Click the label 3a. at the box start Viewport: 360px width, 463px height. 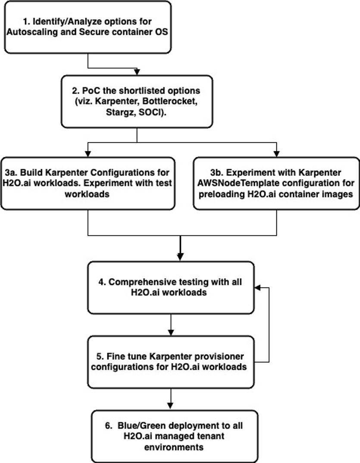(x=13, y=173)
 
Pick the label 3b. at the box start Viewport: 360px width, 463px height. (x=213, y=173)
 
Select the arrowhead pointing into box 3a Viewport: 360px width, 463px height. (x=88, y=154)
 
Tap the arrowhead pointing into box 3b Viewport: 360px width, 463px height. (x=276, y=154)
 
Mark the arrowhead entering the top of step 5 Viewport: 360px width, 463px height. (x=171, y=332)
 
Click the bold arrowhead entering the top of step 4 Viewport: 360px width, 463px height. (x=180, y=258)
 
